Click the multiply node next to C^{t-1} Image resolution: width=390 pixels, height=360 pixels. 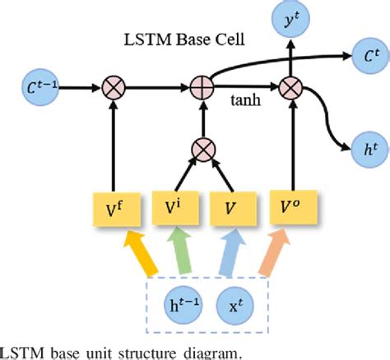click(x=112, y=85)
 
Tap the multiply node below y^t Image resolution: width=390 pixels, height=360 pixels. click(x=291, y=85)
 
